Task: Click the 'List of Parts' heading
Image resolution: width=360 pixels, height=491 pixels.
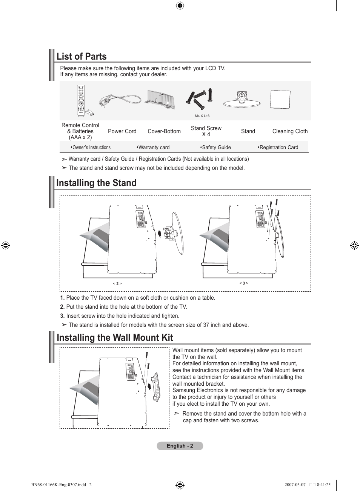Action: click(82, 57)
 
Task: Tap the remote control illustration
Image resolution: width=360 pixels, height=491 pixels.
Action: click(81, 100)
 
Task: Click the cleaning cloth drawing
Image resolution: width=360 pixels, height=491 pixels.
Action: click(280, 100)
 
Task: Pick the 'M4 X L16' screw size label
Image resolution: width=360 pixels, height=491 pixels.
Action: click(202, 116)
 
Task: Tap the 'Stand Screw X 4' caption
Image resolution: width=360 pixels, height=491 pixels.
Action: click(206, 131)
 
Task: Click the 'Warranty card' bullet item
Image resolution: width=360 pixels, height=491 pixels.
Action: click(153, 148)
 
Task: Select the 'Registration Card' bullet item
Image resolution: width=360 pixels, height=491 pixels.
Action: click(278, 148)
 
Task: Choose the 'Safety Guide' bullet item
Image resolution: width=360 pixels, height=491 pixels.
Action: click(215, 148)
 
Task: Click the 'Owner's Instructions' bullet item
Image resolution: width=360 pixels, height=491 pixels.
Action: click(91, 148)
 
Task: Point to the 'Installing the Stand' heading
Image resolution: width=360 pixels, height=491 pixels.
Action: click(96, 183)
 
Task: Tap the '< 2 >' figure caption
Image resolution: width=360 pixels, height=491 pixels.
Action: click(117, 283)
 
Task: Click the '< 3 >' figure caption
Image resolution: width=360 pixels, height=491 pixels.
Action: click(244, 283)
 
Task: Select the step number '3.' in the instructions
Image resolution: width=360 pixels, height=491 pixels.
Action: click(62, 316)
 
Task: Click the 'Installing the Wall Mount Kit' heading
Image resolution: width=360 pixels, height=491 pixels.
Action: click(115, 338)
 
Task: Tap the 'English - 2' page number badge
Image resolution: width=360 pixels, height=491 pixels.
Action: click(180, 446)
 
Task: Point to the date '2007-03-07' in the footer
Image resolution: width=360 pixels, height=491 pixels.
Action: click(295, 485)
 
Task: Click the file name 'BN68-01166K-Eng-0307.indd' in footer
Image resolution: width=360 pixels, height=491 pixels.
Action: click(58, 485)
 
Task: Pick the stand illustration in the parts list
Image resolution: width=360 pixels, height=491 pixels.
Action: click(242, 100)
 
